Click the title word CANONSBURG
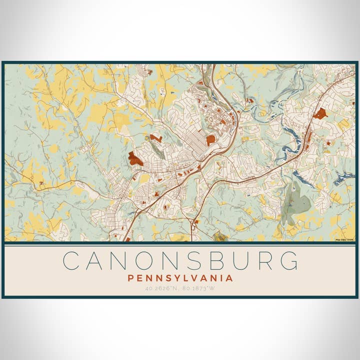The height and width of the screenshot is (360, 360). [x=180, y=260]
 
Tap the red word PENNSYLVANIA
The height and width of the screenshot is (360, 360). [x=180, y=278]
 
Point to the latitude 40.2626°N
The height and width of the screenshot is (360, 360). [x=161, y=288]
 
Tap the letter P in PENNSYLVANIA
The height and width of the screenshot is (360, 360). [x=130, y=278]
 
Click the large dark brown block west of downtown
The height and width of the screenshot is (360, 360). [x=135, y=159]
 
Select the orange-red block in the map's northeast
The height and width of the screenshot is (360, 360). [x=320, y=113]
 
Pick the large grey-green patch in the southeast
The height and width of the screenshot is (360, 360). [x=295, y=200]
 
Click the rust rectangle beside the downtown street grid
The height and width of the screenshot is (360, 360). [x=210, y=140]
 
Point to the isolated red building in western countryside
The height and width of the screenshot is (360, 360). [x=41, y=184]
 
